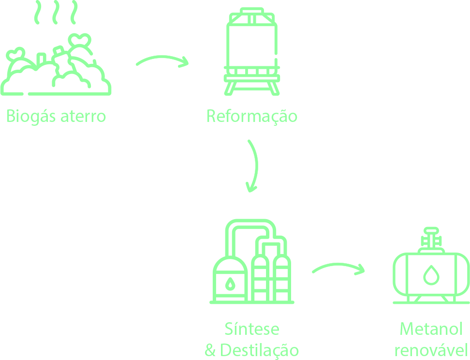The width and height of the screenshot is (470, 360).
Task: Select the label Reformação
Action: (251, 116)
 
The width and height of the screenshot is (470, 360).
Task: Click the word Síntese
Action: (252, 329)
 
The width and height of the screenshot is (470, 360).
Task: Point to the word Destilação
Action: (259, 350)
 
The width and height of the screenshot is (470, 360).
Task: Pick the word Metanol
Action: (431, 329)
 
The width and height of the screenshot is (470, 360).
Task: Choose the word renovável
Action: (431, 350)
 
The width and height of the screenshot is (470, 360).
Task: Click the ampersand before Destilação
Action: (210, 350)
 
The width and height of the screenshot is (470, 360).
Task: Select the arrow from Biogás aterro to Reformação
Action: (162, 61)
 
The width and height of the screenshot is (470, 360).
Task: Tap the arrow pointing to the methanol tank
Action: (338, 268)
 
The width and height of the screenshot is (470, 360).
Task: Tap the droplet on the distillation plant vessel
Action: (230, 283)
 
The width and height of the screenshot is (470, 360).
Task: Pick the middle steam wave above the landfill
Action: (56, 12)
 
